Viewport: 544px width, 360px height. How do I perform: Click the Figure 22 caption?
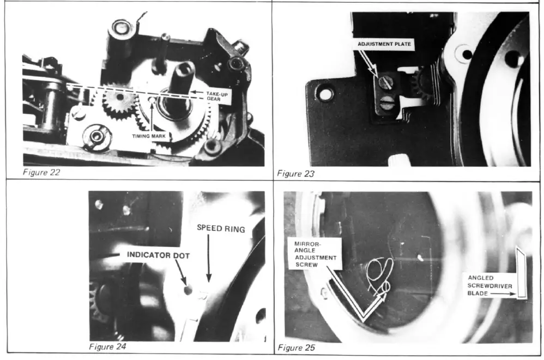pos(41,173)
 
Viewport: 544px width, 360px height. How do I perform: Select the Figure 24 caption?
pos(108,346)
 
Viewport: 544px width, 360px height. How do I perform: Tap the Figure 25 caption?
pos(296,347)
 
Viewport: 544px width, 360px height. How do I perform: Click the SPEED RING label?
pos(221,229)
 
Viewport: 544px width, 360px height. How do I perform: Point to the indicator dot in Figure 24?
pos(188,290)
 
